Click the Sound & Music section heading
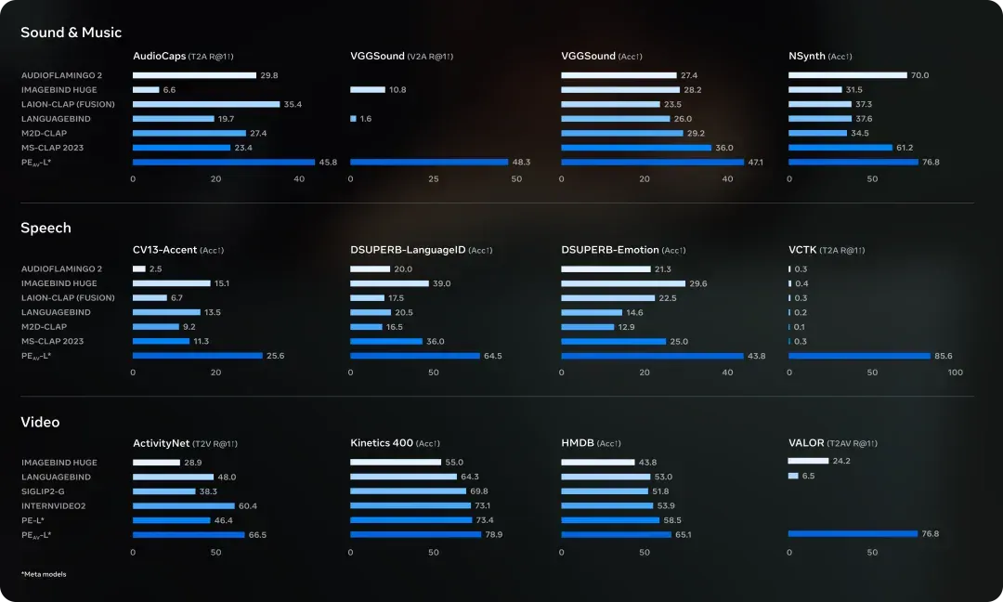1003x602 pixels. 71,33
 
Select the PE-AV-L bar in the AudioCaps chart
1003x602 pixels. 224,163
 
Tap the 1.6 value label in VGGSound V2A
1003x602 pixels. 366,119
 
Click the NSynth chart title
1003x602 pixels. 820,57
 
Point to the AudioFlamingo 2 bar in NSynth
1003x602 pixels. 848,75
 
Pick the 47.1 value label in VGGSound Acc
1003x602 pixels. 755,163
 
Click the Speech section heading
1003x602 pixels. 46,228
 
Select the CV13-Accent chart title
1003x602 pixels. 178,250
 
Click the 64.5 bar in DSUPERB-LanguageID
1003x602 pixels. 415,356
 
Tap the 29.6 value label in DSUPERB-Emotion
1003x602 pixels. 697,284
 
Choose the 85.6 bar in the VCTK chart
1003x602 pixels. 859,356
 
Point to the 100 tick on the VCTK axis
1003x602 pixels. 955,373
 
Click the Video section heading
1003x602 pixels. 40,422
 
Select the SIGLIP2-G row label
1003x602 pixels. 43,492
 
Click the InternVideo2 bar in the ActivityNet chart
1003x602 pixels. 184,506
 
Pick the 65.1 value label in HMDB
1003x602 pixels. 684,535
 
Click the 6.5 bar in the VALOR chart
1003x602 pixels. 793,476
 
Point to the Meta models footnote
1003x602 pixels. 44,574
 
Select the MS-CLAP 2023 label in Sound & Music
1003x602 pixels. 52,148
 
